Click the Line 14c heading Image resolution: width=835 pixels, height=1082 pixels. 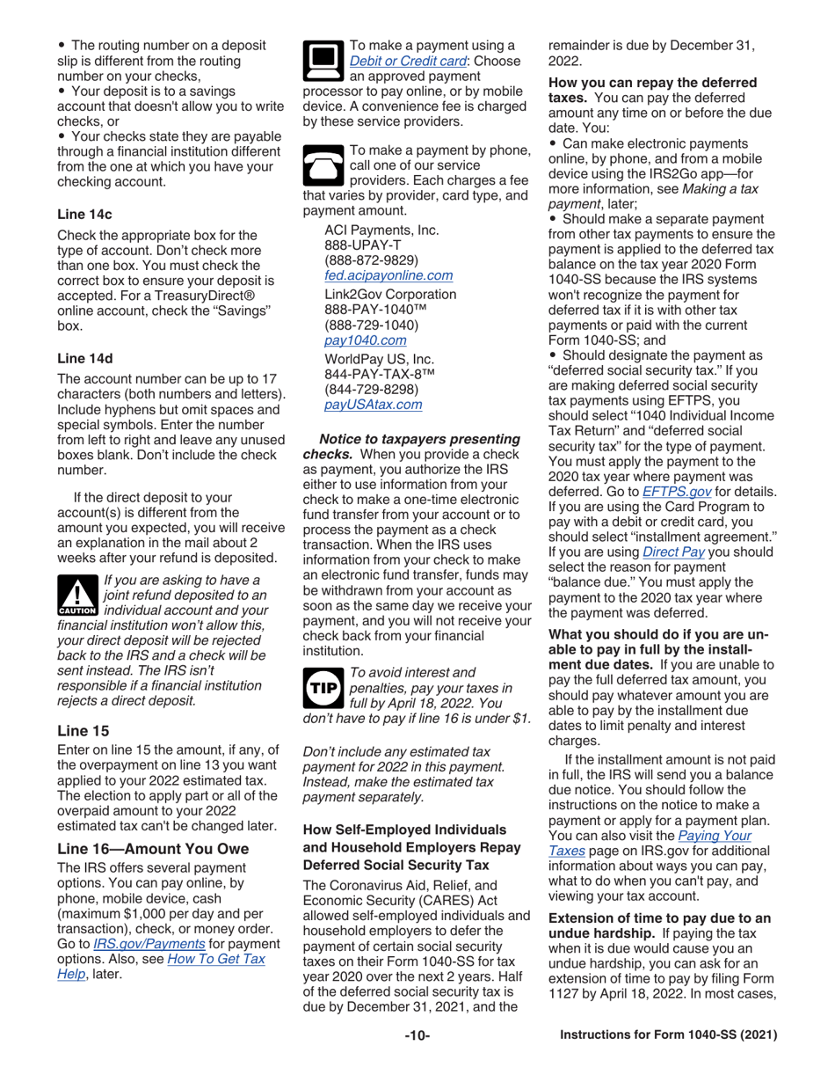[x=84, y=214]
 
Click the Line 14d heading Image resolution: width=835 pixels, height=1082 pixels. [x=84, y=358]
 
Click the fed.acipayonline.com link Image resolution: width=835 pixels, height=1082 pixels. [x=388, y=275]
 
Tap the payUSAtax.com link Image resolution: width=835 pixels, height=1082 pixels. [x=373, y=405]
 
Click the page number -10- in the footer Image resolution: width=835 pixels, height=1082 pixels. [x=417, y=1036]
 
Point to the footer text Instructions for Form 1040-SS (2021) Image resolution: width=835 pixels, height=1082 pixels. [x=669, y=1036]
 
